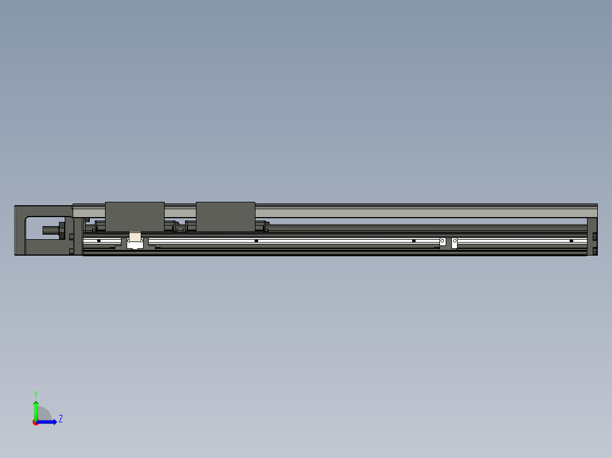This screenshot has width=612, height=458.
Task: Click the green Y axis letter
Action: point(35,393)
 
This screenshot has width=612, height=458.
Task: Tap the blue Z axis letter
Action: point(60,419)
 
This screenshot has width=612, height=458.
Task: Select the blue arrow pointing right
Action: point(49,422)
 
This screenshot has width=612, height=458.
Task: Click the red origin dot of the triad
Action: point(36,422)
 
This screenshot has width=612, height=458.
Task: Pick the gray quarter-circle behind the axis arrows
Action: point(45,414)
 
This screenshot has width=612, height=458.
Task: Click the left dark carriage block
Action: point(135,217)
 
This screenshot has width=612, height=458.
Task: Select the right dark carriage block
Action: point(225,217)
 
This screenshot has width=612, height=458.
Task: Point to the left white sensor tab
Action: point(443,242)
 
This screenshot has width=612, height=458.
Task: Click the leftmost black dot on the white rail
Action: point(99,241)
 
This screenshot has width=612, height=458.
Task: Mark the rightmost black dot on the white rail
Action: point(571,241)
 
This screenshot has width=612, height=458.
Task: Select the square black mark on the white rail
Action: point(414,241)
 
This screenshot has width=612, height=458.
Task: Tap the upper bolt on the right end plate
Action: point(594,236)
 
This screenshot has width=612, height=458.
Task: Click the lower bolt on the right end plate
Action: point(594,251)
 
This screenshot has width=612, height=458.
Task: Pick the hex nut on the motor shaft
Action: point(62,230)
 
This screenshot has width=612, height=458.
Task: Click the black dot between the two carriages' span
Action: point(256,241)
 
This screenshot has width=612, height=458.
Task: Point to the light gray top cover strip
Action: point(397,212)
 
